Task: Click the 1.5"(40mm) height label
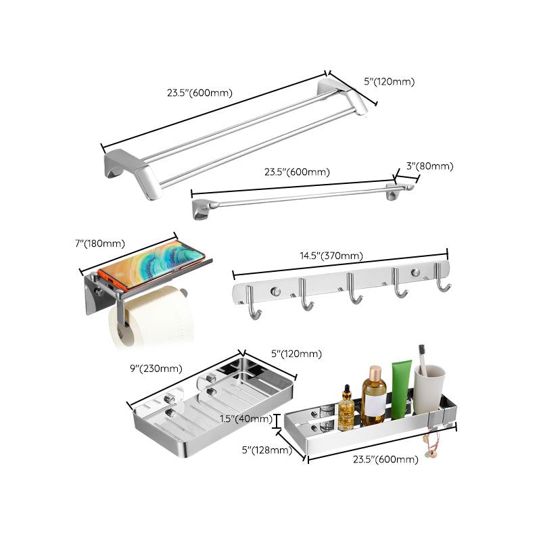[245, 419]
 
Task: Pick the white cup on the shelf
[429, 391]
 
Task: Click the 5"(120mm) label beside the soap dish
[296, 354]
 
